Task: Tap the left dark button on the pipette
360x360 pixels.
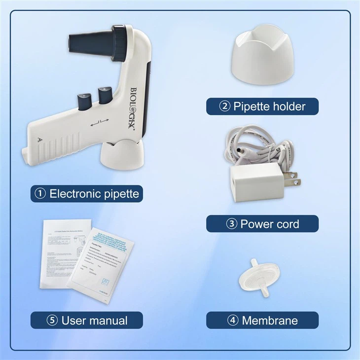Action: pyautogui.click(x=81, y=101)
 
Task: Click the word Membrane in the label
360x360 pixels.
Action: pyautogui.click(x=270, y=321)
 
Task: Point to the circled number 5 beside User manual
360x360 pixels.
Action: pyautogui.click(x=52, y=321)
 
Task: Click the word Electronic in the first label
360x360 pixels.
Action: pyautogui.click(x=73, y=194)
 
